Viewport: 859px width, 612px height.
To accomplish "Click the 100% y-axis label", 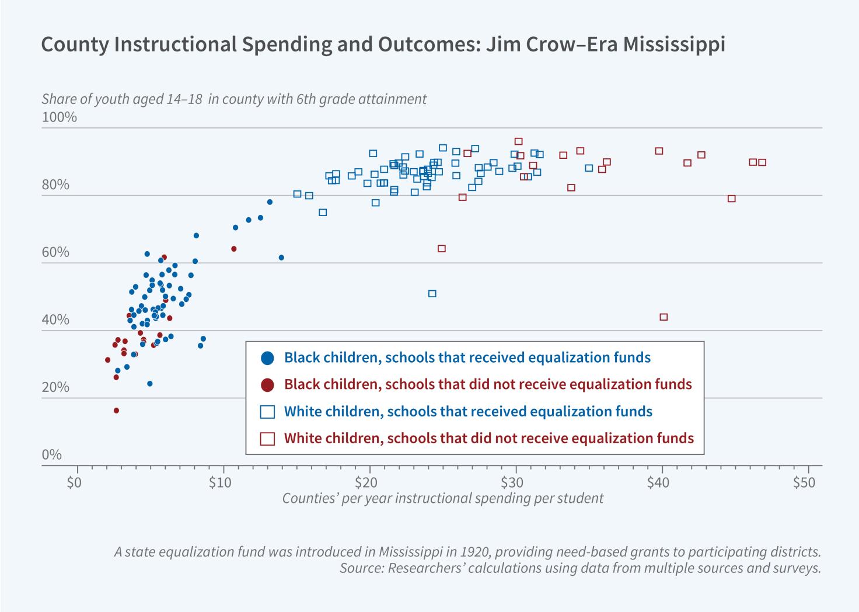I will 59,117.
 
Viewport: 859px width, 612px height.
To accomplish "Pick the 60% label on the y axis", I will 56,252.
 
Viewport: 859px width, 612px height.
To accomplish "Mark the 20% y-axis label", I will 56,388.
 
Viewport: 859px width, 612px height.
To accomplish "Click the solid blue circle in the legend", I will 268,358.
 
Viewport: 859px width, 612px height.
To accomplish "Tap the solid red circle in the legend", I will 268,385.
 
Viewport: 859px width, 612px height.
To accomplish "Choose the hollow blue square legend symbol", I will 268,412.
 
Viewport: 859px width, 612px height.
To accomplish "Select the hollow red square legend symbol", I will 268,439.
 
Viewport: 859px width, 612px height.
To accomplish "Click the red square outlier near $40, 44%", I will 664,317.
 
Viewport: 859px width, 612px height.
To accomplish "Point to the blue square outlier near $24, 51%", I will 432,294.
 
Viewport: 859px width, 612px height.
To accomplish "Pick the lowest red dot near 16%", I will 116,411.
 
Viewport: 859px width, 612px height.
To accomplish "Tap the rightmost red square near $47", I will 762,162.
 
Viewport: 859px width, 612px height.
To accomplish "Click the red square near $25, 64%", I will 442,249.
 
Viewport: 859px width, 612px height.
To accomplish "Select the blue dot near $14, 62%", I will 281,258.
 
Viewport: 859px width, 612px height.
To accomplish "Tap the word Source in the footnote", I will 359,568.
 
